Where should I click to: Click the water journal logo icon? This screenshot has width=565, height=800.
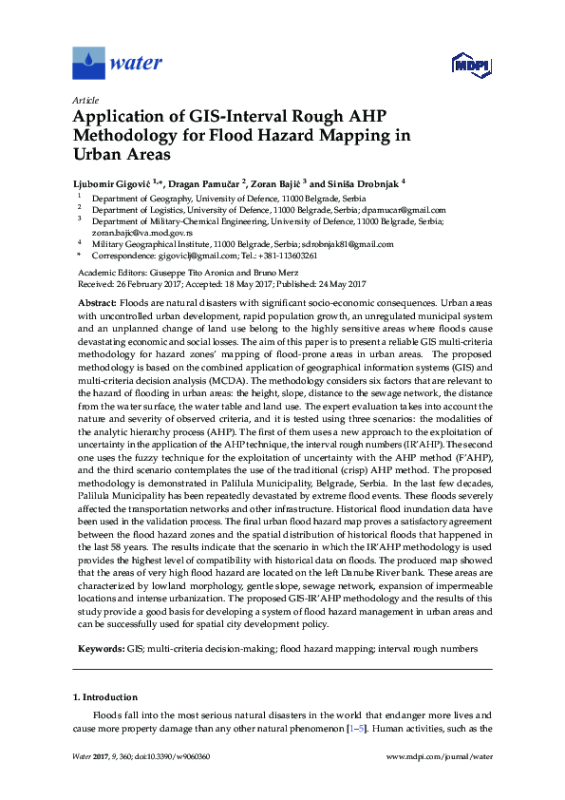pos(88,64)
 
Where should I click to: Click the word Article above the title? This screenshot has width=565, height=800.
pos(85,100)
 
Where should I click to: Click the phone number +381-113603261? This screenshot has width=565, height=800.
pos(286,256)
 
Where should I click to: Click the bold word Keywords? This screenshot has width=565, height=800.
pos(100,646)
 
